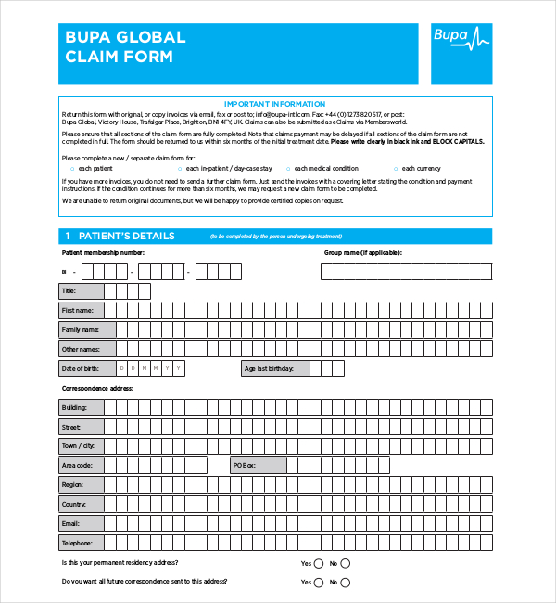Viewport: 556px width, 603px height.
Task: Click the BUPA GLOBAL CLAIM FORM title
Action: pyautogui.click(x=125, y=46)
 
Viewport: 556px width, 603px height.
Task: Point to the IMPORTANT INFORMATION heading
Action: pyautogui.click(x=274, y=104)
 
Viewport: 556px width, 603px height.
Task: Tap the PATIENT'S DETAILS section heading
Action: pyautogui.click(x=126, y=236)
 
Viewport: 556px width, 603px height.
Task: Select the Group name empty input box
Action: pyautogui.click(x=406, y=271)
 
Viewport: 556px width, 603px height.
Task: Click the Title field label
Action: pyautogui.click(x=69, y=290)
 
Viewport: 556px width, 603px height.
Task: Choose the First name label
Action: pyautogui.click(x=78, y=310)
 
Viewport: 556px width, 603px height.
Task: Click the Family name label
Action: pyautogui.click(x=80, y=329)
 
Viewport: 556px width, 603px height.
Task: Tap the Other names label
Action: pyautogui.click(x=80, y=349)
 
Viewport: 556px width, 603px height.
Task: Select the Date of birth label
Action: pyautogui.click(x=80, y=368)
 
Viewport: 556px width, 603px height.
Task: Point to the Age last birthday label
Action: pyautogui.click(x=269, y=368)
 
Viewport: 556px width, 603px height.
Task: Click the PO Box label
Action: pyautogui.click(x=244, y=465)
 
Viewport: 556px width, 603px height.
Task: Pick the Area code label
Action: pyautogui.click(x=78, y=465)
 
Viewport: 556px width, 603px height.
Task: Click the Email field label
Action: pyautogui.click(x=71, y=523)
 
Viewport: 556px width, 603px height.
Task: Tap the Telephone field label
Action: pyautogui.click(x=77, y=543)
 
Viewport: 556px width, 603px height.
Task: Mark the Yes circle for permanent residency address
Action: pyautogui.click(x=319, y=563)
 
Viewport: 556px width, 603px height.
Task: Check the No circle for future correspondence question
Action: pyautogui.click(x=346, y=583)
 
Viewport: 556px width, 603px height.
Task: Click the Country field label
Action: pyautogui.click(x=74, y=504)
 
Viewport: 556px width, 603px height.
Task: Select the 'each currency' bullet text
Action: pyautogui.click(x=423, y=168)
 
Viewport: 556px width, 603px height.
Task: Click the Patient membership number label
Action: pyautogui.click(x=103, y=252)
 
